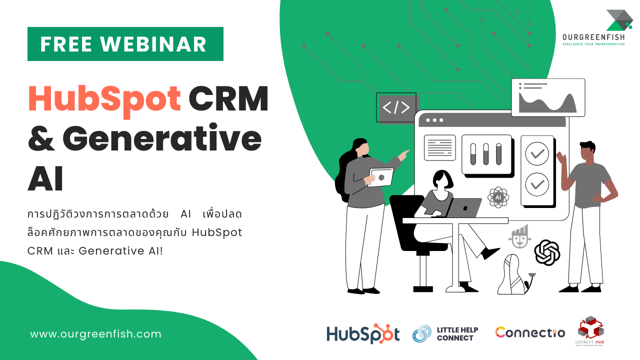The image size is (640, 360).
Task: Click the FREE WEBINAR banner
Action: pyautogui.click(x=125, y=44)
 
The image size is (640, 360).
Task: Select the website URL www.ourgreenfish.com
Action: pyautogui.click(x=96, y=334)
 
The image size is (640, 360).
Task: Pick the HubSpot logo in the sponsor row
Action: pyautogui.click(x=363, y=334)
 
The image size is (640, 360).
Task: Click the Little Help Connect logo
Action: pyautogui.click(x=445, y=333)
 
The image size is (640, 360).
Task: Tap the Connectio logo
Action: pyautogui.click(x=530, y=332)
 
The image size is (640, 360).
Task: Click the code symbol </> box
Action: pyautogui.click(x=396, y=107)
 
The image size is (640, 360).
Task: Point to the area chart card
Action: pyautogui.click(x=548, y=97)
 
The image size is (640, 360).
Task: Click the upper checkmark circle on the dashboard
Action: pyautogui.click(x=537, y=154)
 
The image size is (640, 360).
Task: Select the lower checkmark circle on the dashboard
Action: pyautogui.click(x=537, y=184)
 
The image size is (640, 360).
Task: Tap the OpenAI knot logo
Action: pyautogui.click(x=547, y=252)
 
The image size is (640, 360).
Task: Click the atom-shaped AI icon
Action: pyautogui.click(x=498, y=197)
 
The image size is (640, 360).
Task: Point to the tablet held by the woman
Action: pyautogui.click(x=380, y=177)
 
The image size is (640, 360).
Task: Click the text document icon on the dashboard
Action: pyautogui.click(x=440, y=147)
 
